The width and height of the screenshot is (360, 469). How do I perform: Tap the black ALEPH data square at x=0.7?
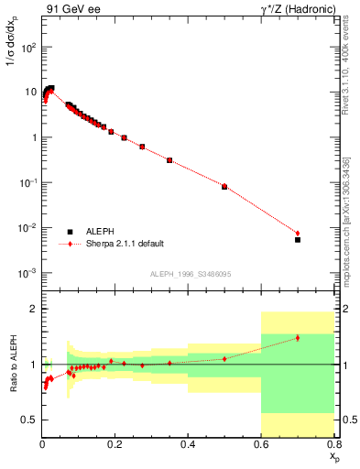point(298,240)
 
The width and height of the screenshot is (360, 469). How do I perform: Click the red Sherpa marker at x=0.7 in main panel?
point(298,233)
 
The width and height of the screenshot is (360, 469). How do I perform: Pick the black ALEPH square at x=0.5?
point(224,186)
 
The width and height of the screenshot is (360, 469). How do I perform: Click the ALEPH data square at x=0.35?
point(169,160)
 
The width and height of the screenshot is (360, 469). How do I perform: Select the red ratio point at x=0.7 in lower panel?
point(298,338)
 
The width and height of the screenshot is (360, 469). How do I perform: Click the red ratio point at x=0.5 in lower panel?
point(224,358)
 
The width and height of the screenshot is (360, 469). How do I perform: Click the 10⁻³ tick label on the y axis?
point(27,273)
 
